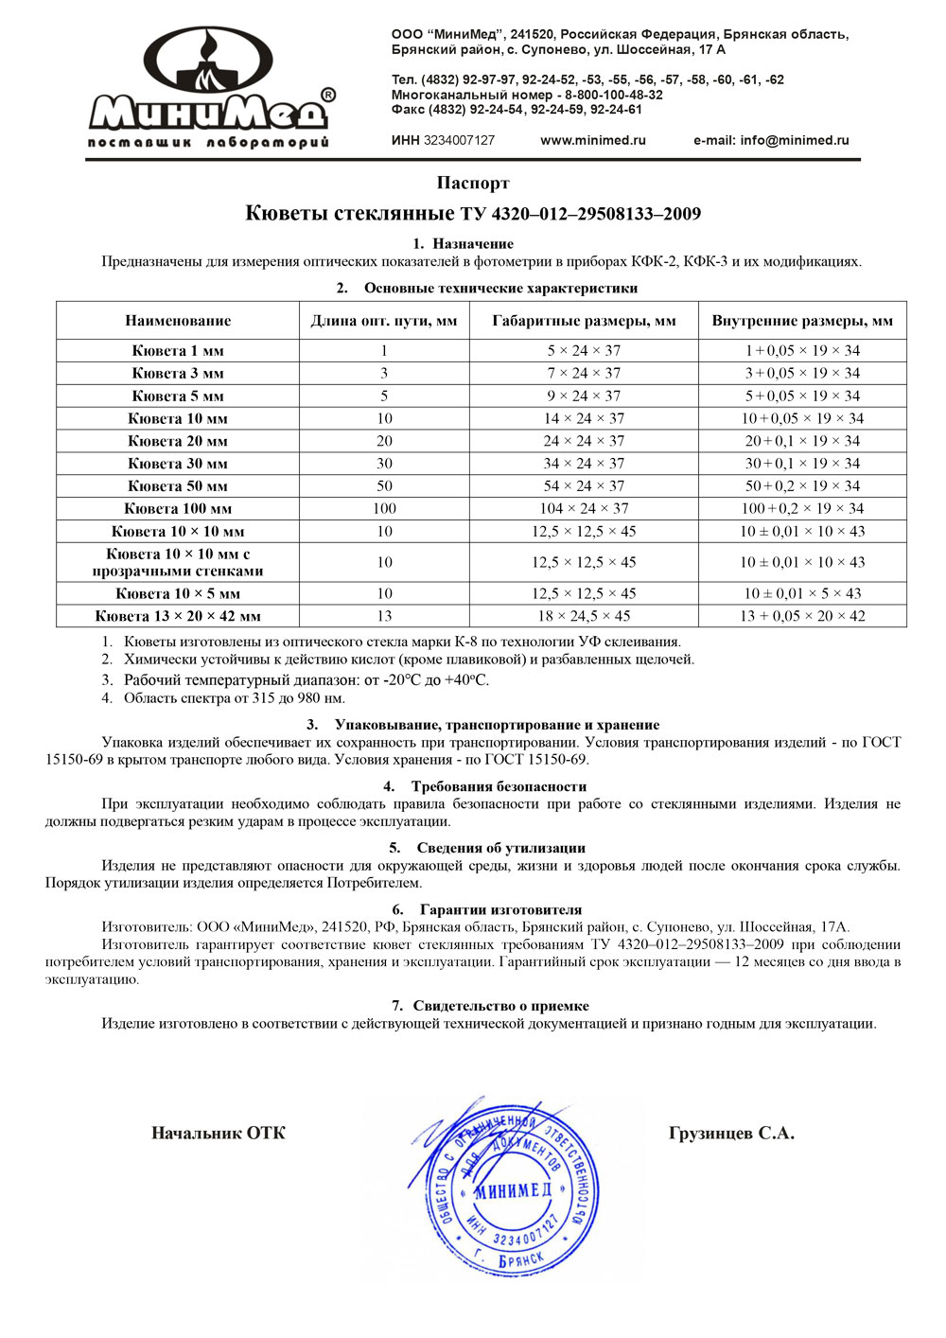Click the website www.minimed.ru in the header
(x=593, y=140)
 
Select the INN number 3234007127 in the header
(x=459, y=140)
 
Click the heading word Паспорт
(x=473, y=183)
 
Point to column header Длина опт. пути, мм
(x=384, y=321)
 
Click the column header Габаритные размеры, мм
(x=584, y=321)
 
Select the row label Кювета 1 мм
(x=178, y=350)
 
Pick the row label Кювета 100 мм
(x=178, y=508)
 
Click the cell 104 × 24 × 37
(x=584, y=508)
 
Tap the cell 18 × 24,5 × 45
(x=584, y=616)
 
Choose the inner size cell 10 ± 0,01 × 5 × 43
(x=802, y=593)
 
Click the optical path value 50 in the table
(x=384, y=485)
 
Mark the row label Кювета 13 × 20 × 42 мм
(x=178, y=616)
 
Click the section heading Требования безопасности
(x=499, y=786)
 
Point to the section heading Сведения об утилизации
(x=500, y=848)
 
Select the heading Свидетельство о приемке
(x=500, y=1006)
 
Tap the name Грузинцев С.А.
(x=731, y=1134)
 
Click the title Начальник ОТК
(x=218, y=1134)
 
